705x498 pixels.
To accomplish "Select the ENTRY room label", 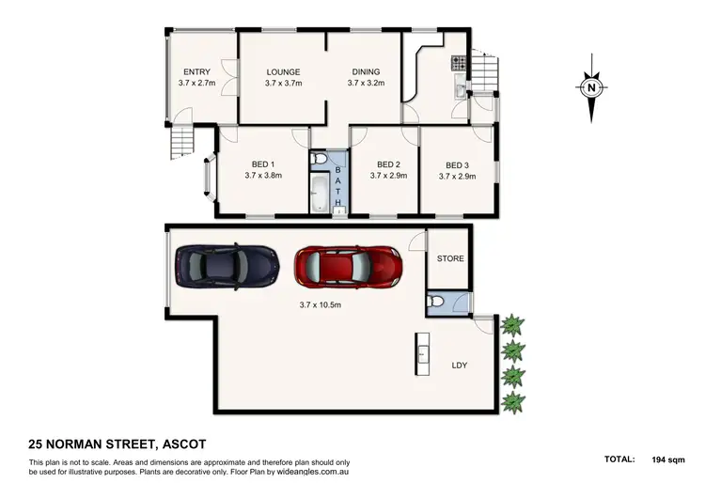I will click(196, 72).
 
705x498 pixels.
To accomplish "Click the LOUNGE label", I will click(283, 72).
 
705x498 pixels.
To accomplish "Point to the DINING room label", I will click(366, 72).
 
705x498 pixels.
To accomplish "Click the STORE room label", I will click(450, 258).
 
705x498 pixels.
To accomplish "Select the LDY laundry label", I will click(460, 366).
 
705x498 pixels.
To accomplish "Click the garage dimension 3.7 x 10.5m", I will click(321, 304).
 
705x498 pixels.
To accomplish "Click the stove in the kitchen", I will click(457, 64).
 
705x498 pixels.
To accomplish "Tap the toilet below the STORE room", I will click(435, 302).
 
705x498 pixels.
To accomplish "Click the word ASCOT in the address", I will click(173, 444).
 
